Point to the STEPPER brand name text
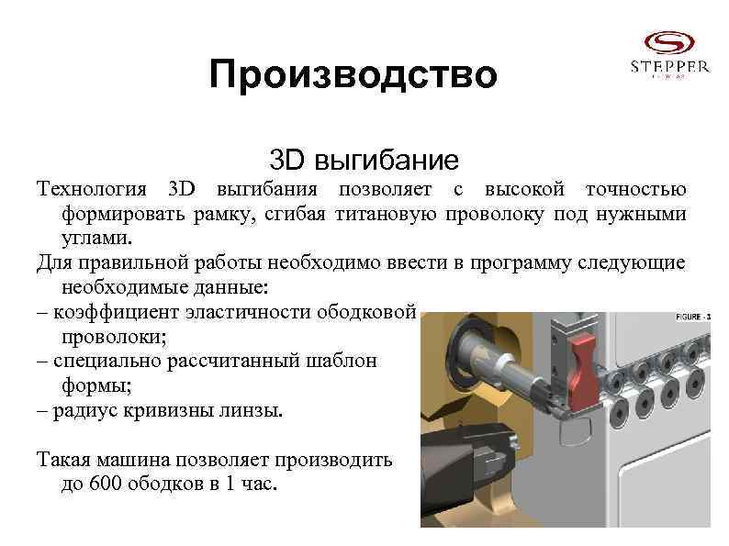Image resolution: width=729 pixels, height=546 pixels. (x=668, y=66)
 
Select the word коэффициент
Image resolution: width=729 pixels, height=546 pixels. (x=117, y=312)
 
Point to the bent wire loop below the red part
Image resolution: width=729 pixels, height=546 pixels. (x=575, y=424)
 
